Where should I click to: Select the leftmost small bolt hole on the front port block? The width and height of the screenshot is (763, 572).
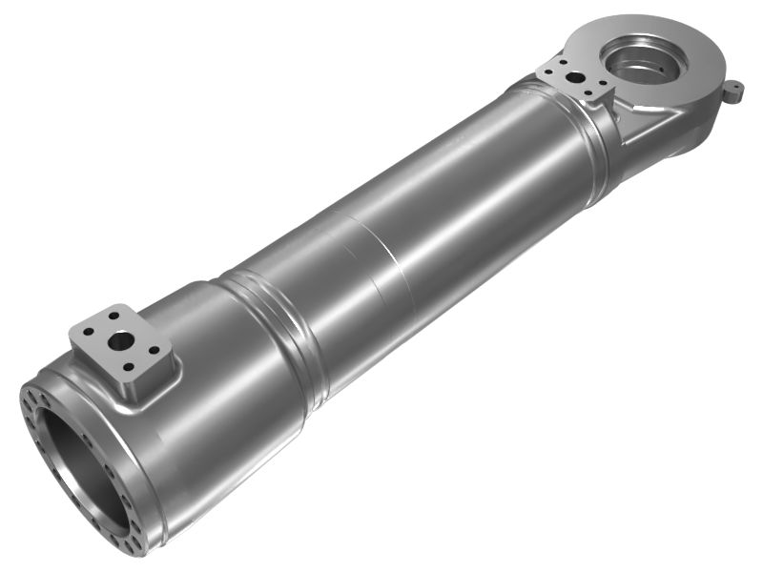pos(88,333)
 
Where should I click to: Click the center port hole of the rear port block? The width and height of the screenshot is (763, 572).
pos(575,77)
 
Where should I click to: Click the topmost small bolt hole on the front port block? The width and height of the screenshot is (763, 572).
pos(115,314)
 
